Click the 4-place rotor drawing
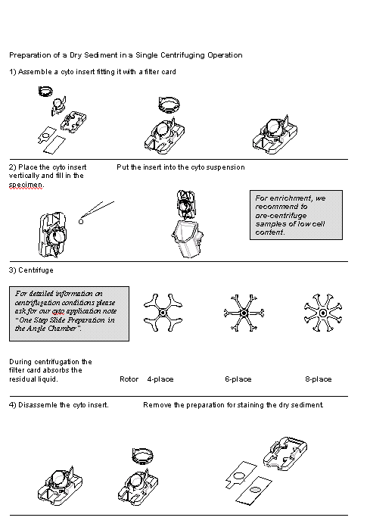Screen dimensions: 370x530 [163, 313]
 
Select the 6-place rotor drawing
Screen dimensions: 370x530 [244, 313]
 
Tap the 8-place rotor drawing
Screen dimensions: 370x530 [323, 313]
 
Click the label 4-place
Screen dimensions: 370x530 [160, 379]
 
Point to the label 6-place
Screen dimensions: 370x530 [238, 379]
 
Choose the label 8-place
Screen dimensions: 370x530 [319, 379]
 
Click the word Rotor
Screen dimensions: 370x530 [129, 379]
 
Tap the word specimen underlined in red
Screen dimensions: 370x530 [26, 185]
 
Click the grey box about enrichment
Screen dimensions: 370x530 [296, 215]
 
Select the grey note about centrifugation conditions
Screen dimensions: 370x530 [69, 313]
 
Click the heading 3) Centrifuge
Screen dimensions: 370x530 [31, 270]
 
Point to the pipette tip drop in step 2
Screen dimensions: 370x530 [81, 221]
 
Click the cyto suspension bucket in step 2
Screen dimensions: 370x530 [188, 238]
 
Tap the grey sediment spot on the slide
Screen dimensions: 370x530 [255, 489]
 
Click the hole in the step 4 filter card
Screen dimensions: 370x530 [239, 475]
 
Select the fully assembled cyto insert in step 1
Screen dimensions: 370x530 [275, 135]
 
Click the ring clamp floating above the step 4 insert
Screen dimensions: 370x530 [142, 455]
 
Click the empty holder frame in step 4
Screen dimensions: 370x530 [285, 453]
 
